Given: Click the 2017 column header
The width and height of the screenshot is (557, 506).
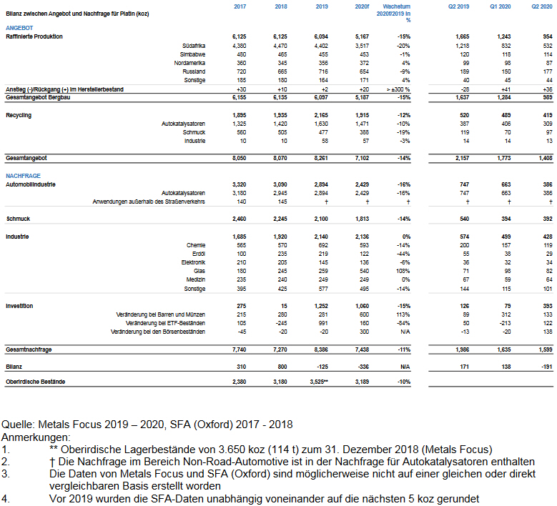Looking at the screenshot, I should pyautogui.click(x=240, y=7).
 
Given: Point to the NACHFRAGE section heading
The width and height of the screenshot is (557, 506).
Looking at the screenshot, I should pyautogui.click(x=24, y=175).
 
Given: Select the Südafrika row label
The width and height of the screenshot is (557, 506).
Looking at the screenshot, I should pyautogui.click(x=194, y=45).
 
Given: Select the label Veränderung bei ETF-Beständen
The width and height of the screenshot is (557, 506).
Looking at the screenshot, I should pyautogui.click(x=159, y=323).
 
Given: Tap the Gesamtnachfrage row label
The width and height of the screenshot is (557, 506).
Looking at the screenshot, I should pyautogui.click(x=32, y=349).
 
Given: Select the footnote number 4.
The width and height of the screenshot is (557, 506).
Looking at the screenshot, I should pyautogui.click(x=6, y=498).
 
